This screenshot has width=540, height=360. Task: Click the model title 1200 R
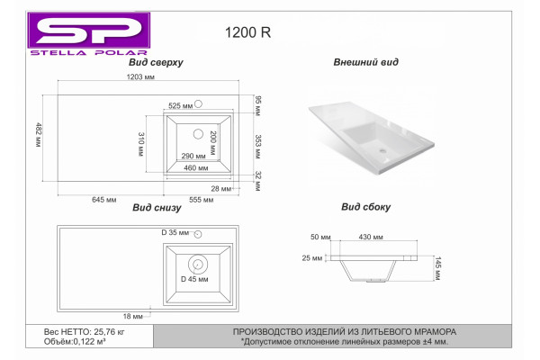(247, 32)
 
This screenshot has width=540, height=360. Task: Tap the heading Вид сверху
(156, 62)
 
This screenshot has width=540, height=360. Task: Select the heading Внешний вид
(365, 62)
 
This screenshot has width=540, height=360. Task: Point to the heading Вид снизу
(157, 207)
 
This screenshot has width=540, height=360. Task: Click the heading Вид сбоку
(365, 207)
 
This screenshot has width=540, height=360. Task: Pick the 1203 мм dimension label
(140, 76)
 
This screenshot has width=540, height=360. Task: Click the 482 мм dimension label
(38, 135)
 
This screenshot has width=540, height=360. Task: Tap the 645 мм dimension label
(104, 200)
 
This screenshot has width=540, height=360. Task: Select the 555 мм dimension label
(201, 200)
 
